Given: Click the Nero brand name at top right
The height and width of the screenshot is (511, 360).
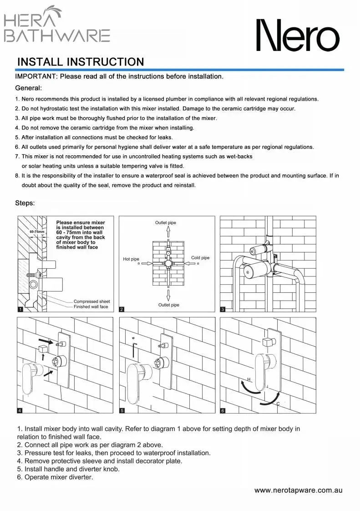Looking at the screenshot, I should tap(297, 35).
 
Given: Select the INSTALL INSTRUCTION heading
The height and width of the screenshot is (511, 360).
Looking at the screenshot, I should tap(80, 62).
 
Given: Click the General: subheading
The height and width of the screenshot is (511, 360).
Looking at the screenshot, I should tap(29, 87).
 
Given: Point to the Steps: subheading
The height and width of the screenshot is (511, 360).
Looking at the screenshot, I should tap(25, 203).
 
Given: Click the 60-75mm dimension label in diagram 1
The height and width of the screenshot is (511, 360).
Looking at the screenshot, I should tap(37, 232).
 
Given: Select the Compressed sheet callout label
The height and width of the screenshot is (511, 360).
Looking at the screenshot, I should tap(91, 301).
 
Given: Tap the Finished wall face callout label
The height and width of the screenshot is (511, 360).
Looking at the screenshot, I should tap(91, 307).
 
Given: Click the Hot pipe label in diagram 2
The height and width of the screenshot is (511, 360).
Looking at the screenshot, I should tap(131, 259).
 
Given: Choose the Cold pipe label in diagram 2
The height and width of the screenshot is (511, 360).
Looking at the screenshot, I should tap(200, 258).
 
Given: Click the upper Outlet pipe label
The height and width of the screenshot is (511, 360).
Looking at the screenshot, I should tap(165, 223).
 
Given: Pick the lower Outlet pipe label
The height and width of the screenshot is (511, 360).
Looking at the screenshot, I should tap(168, 305).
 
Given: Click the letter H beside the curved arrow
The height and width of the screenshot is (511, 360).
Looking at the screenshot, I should tap(249, 379).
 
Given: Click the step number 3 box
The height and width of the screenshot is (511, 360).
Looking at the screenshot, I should tap(223, 310).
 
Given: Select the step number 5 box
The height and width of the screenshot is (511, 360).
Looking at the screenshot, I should tap(122, 410).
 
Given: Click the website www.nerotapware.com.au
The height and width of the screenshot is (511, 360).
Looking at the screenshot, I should tap(298, 491).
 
